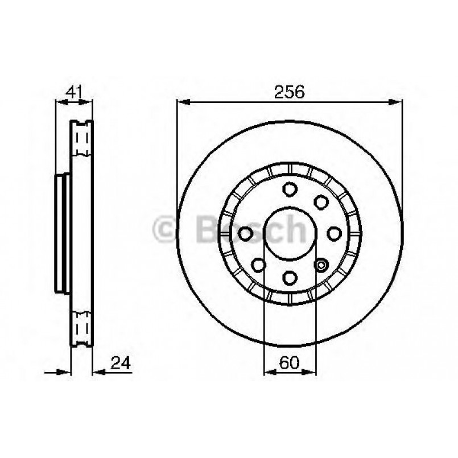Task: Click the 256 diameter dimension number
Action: point(290,92)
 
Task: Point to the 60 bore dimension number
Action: point(290,362)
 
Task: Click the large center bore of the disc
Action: point(290,233)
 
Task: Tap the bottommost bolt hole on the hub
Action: point(290,277)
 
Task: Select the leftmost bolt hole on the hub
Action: point(246,233)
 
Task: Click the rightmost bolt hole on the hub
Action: point(335,233)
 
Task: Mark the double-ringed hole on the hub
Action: point(321,264)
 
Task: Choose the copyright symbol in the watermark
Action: point(165,229)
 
